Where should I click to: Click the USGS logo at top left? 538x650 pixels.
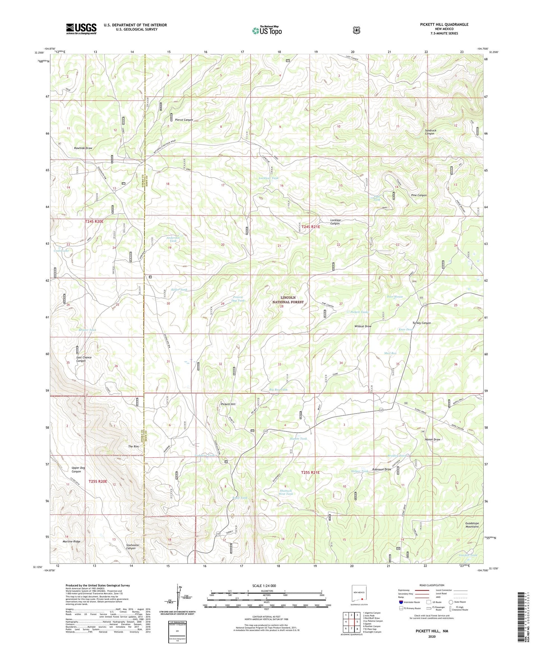[x=81, y=29]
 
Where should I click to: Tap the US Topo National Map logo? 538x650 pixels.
[x=267, y=31]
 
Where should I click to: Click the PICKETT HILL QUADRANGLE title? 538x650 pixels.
[x=439, y=25]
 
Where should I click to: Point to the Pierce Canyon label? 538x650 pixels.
[x=184, y=120]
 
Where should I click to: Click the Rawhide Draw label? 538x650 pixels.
[x=83, y=148]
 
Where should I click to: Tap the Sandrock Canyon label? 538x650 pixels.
[x=430, y=132]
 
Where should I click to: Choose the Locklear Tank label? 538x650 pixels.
[x=268, y=178]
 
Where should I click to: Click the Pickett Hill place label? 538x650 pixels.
[x=228, y=404]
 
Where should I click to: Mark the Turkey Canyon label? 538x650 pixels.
[x=421, y=323]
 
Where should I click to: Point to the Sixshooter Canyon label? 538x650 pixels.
[x=133, y=547]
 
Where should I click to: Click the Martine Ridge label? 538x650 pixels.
[x=71, y=541]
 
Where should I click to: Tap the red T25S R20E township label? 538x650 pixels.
[x=98, y=481]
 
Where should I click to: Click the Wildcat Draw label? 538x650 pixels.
[x=363, y=326]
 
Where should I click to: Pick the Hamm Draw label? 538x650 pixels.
[x=432, y=439]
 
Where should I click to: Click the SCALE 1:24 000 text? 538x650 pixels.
[x=264, y=586]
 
